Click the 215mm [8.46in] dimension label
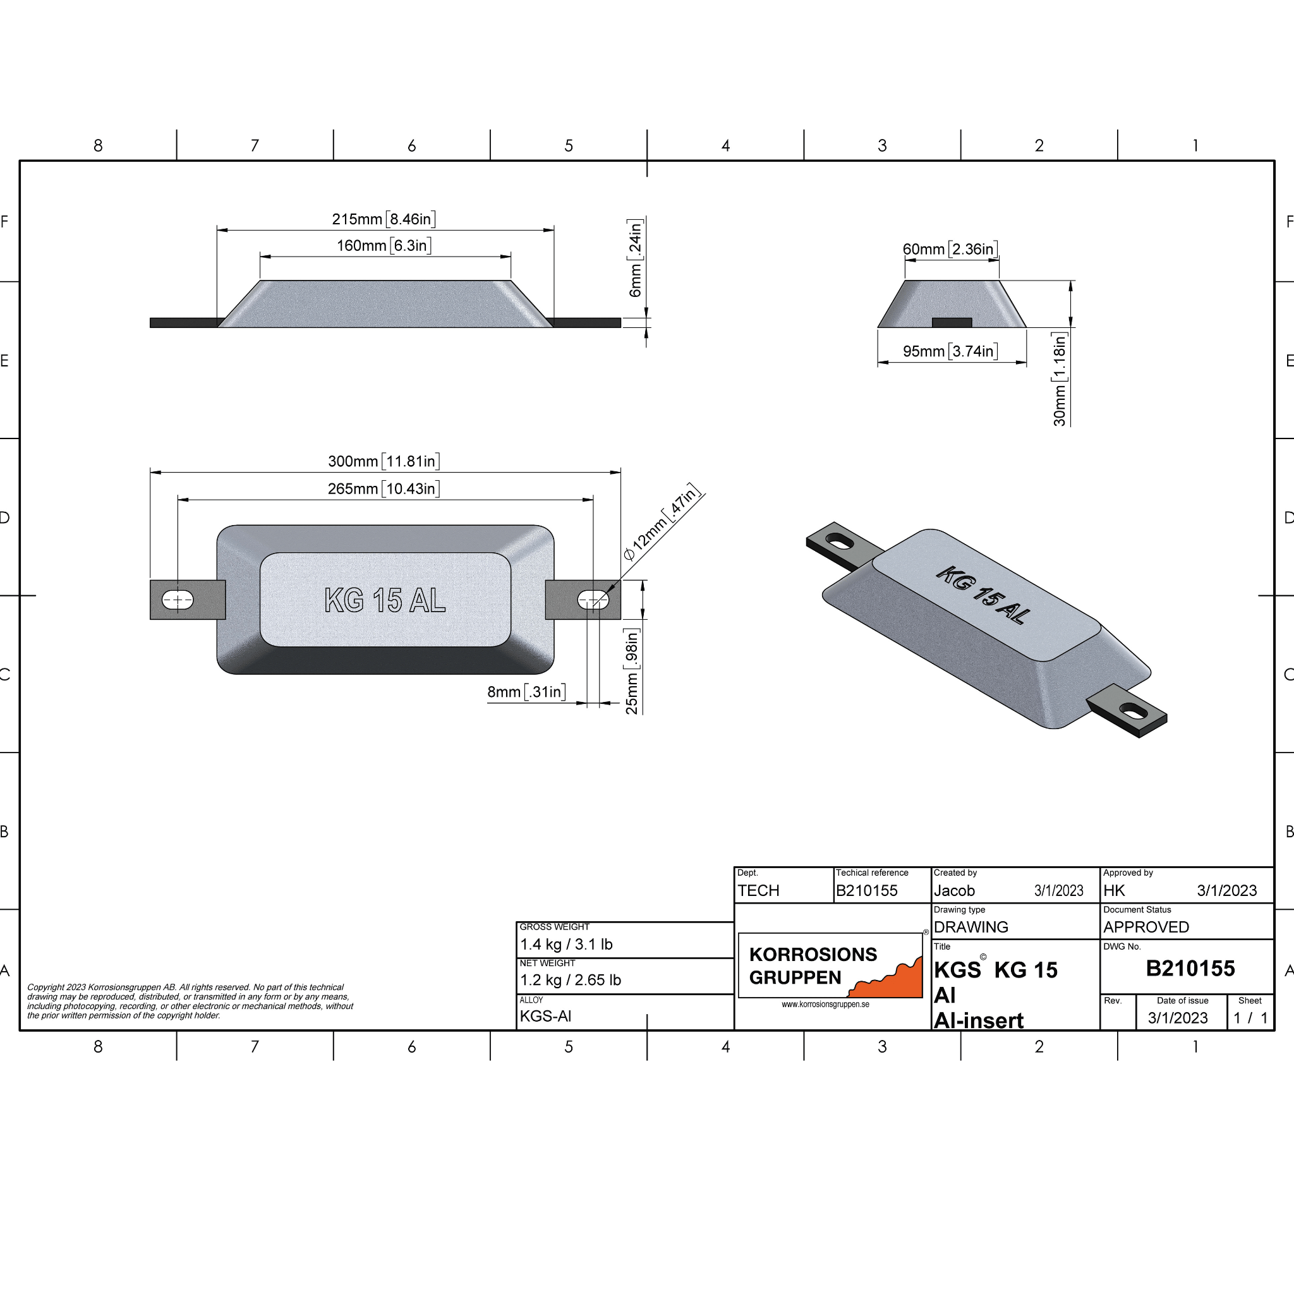[384, 219]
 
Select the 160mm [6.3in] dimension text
[384, 246]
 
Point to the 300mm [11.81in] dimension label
[384, 461]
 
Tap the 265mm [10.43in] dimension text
[384, 489]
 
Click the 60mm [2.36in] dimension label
[950, 249]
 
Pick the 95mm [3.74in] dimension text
[950, 351]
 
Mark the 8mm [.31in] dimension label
[526, 692]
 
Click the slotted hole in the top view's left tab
[178, 600]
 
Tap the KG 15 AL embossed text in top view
[384, 600]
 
